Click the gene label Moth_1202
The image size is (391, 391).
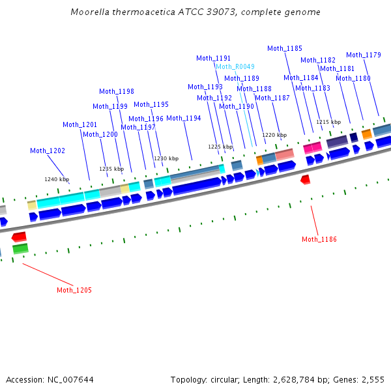tap(48, 151)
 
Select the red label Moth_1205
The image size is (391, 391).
tap(74, 290)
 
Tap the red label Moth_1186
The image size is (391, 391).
tap(319, 239)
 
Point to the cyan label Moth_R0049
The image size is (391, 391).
tap(235, 66)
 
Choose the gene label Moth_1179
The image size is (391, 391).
tap(364, 55)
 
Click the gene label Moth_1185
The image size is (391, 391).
tap(285, 48)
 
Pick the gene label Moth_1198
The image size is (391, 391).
tap(117, 91)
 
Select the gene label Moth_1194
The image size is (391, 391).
tap(184, 118)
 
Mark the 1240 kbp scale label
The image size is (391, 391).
tap(57, 179)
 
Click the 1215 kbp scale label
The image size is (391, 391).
tap(328, 122)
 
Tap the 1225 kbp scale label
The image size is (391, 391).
tap(220, 147)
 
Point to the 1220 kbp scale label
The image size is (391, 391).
tap(274, 135)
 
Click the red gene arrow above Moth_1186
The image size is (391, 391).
tap(305, 179)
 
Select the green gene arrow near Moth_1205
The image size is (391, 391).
tap(20, 248)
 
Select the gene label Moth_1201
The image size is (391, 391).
tap(80, 124)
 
